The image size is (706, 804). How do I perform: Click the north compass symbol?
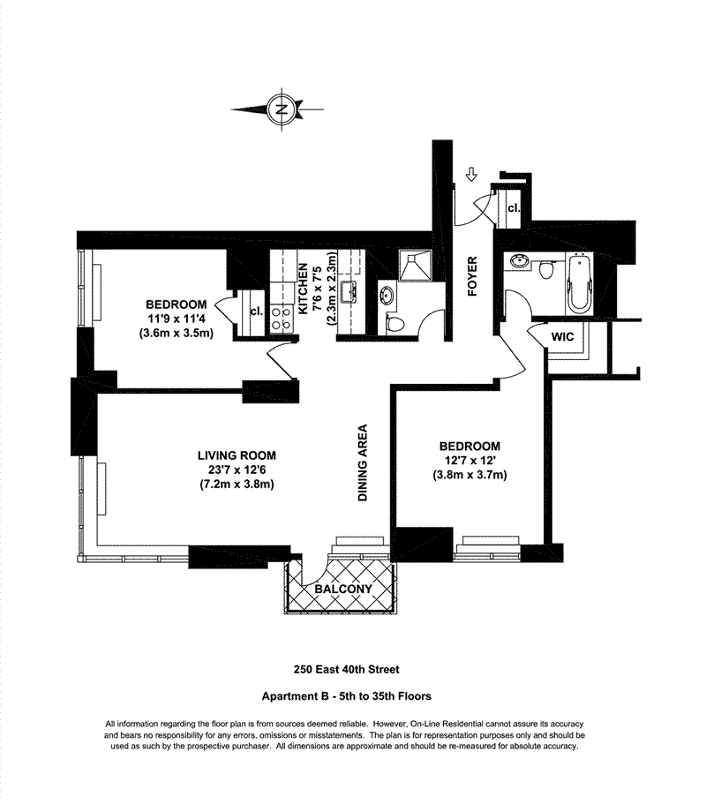(280, 110)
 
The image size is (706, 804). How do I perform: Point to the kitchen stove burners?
(282, 317)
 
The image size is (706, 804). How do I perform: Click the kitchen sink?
(347, 291)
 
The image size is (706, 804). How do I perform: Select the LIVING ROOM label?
(237, 455)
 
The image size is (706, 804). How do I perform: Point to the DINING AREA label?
(362, 464)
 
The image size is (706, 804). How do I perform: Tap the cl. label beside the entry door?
(513, 208)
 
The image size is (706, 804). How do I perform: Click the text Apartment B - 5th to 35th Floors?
(352, 695)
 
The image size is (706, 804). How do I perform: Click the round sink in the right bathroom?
(518, 262)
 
